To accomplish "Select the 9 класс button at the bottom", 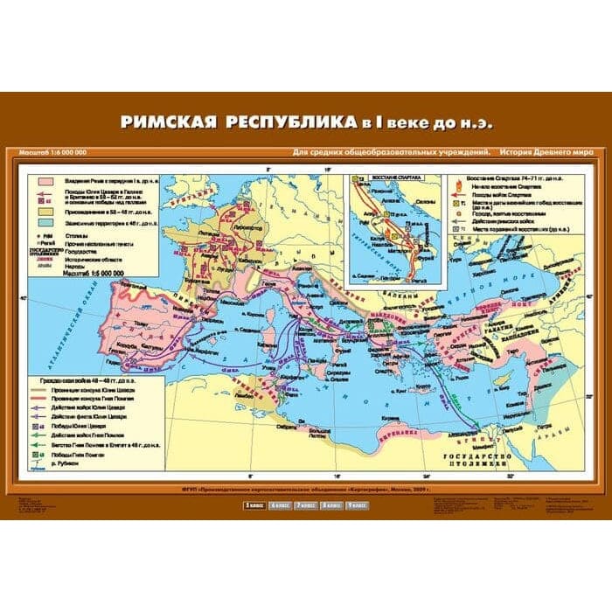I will pos(359,505).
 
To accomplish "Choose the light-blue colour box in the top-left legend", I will pos(43,223).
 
